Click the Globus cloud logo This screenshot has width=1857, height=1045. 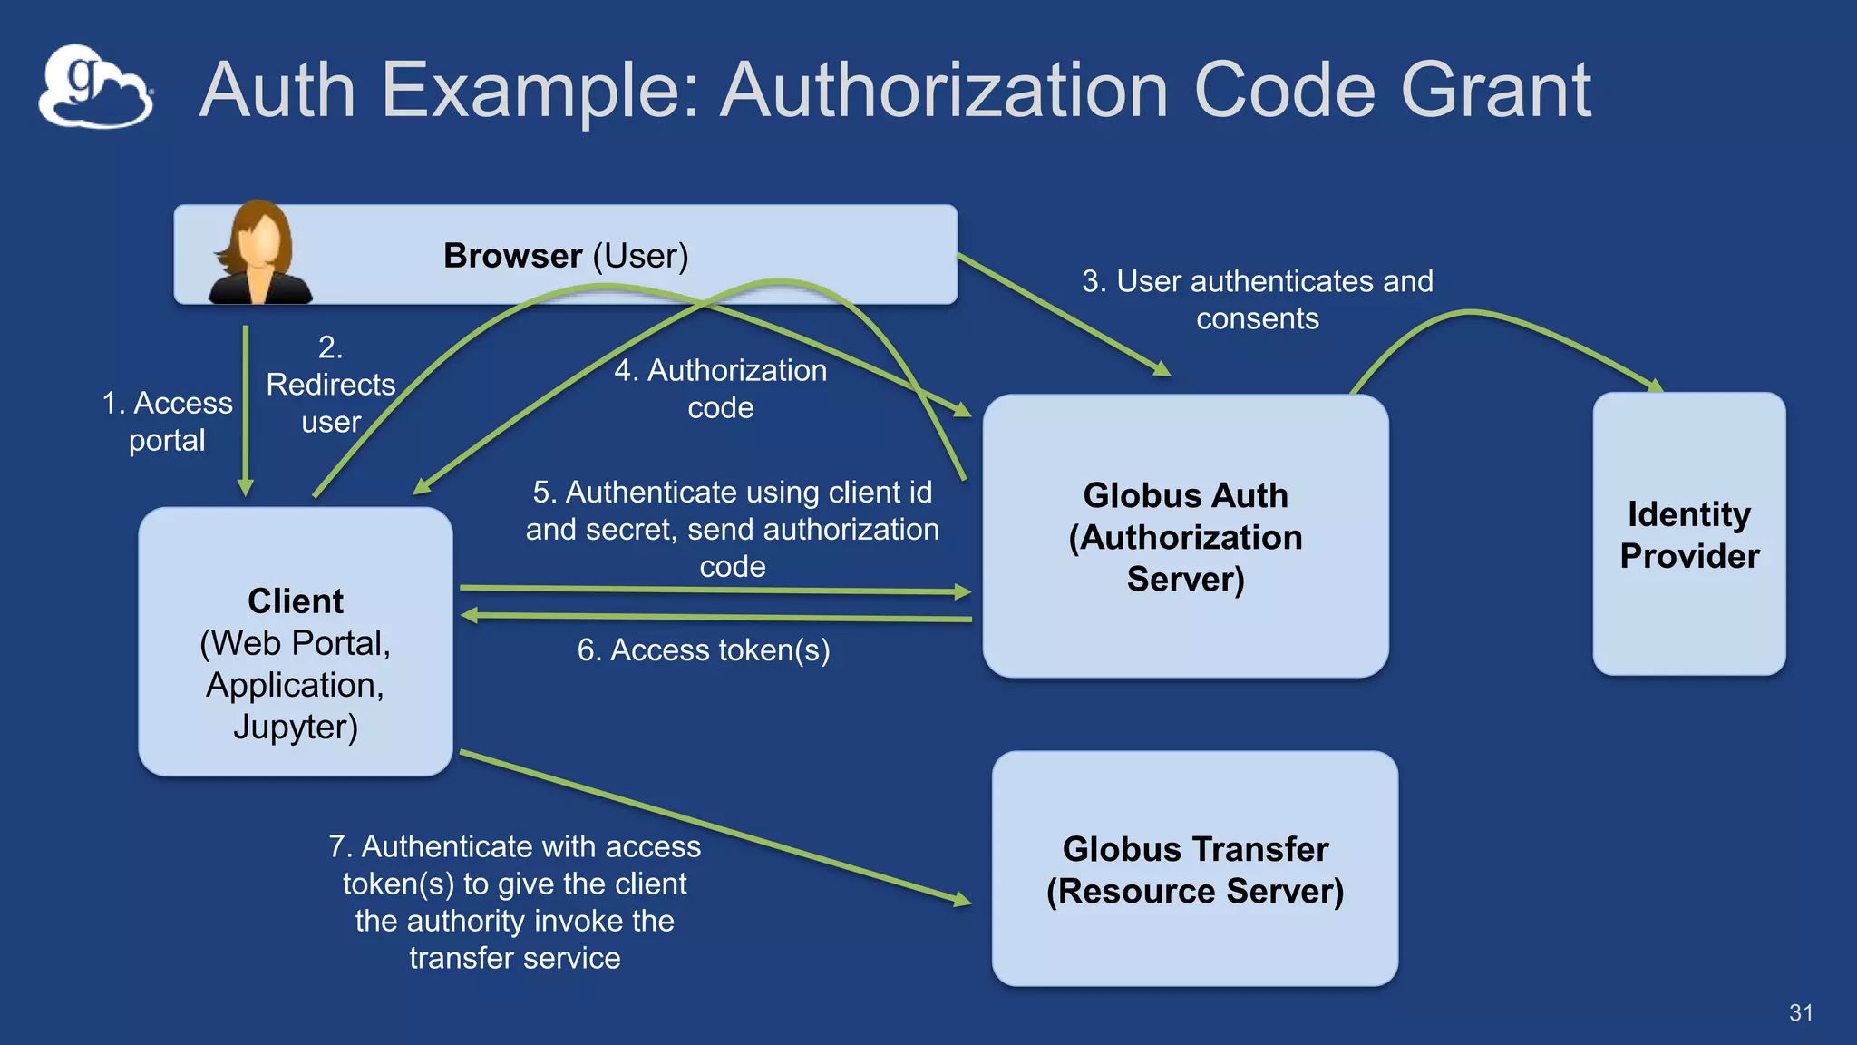(95, 87)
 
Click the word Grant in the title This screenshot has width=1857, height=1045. (1495, 90)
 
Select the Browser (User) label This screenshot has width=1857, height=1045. (566, 256)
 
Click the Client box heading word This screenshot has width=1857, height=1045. (296, 601)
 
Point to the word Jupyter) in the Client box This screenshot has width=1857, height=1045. (296, 727)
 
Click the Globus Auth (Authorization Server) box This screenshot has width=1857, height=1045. (1185, 536)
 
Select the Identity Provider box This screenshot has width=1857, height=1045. (1688, 534)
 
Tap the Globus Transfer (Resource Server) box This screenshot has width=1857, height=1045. (1194, 869)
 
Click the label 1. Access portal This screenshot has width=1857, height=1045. (168, 421)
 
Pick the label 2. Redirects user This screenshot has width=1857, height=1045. (330, 385)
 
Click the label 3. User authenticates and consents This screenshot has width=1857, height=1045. (1257, 299)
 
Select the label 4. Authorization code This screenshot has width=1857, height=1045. (721, 388)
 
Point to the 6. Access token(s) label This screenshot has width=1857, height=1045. (704, 650)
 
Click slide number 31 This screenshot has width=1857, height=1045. (1801, 1012)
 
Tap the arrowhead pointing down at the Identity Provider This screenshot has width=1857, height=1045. (1654, 386)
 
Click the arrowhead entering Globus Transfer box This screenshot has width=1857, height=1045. (962, 900)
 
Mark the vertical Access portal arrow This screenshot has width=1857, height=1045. (246, 408)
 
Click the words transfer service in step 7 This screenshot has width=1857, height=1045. (514, 958)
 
